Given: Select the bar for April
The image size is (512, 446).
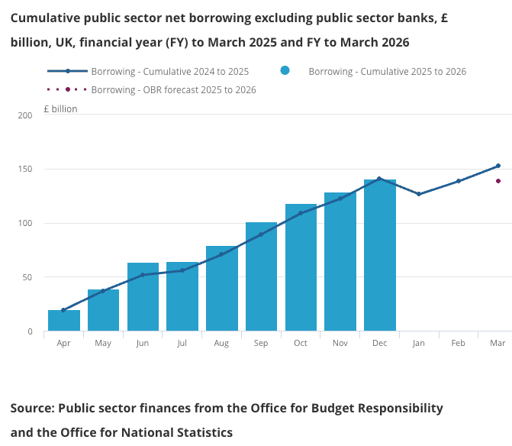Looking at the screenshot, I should pyautogui.click(x=64, y=321).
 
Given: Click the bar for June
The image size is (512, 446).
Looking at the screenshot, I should pyautogui.click(x=143, y=297).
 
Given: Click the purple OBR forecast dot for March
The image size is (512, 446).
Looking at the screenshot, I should pyautogui.click(x=498, y=181).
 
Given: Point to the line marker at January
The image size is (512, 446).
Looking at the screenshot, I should pyautogui.click(x=419, y=194).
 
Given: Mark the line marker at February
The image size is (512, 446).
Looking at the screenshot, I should pyautogui.click(x=459, y=181).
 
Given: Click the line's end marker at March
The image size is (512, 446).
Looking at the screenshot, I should pyautogui.click(x=498, y=166).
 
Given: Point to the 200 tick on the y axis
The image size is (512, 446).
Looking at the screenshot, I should pyautogui.click(x=26, y=115).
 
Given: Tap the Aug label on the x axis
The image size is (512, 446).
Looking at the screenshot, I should pyautogui.click(x=221, y=344).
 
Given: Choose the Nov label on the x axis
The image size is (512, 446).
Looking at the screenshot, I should pyautogui.click(x=340, y=344).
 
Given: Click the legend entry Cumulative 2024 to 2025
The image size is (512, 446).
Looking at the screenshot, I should pyautogui.click(x=169, y=72).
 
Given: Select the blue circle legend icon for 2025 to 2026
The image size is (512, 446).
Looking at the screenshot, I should pyautogui.click(x=285, y=71).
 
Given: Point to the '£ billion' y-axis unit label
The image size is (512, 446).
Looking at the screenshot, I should pyautogui.click(x=60, y=109).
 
